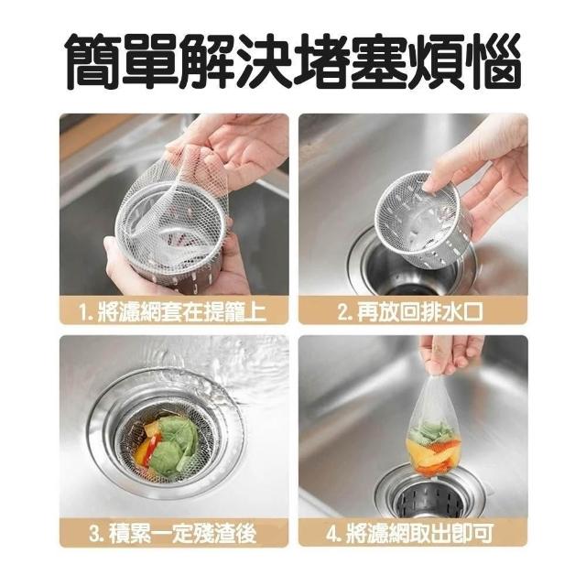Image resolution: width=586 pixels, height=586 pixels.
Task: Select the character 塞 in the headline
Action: (x=378, y=60)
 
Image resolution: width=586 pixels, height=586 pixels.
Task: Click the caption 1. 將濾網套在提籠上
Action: (x=173, y=312)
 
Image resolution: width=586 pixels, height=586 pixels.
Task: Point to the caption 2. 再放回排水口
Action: (x=410, y=312)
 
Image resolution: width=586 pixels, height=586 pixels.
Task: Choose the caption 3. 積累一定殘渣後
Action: (x=173, y=533)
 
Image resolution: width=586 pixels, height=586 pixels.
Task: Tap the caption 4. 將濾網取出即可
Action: (x=410, y=533)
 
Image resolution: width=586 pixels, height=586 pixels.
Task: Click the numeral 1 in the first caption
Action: (x=84, y=312)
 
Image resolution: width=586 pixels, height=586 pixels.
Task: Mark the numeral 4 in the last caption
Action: (x=331, y=534)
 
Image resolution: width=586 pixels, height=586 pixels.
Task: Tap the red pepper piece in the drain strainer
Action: (x=151, y=449)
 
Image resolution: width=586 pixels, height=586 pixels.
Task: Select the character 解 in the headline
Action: (x=208, y=60)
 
